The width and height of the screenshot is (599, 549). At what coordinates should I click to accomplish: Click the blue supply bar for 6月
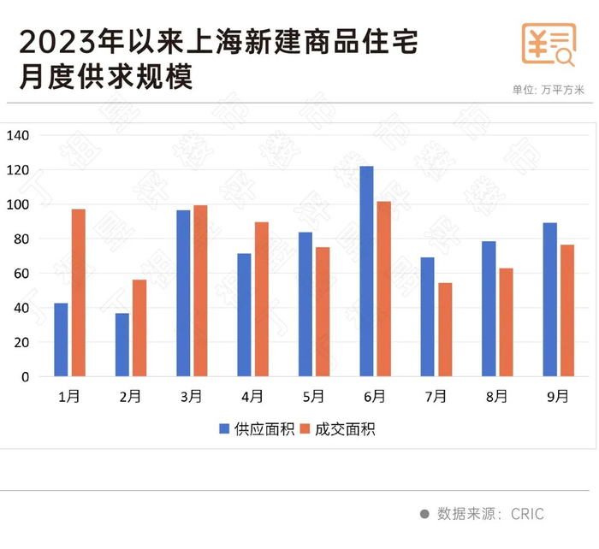[x=366, y=271]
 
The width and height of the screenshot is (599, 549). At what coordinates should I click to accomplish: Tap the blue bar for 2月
[x=122, y=345]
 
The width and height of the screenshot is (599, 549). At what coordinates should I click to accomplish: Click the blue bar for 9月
[x=550, y=299]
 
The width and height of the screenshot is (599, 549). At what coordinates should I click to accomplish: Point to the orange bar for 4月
[x=262, y=299]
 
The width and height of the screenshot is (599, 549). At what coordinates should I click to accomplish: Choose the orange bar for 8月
[x=507, y=322]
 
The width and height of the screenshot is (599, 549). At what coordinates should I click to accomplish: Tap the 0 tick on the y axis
[x=25, y=376]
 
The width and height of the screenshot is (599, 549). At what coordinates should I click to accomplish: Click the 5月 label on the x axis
[x=314, y=397]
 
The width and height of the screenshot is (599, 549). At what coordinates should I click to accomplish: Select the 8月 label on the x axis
[x=497, y=397]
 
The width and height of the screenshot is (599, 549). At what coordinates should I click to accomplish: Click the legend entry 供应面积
[x=254, y=429]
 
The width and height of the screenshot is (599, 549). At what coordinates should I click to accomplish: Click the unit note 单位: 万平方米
[x=548, y=88]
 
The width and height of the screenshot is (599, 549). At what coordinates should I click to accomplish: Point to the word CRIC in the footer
[x=527, y=514]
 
